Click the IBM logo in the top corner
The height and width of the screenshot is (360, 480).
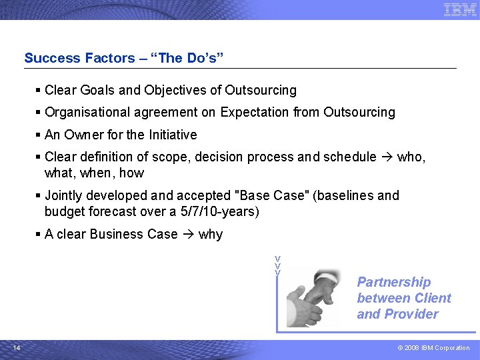tap(460, 9)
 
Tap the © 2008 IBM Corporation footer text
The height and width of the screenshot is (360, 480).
tap(434, 348)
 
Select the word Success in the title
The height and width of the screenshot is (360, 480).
tap(52, 58)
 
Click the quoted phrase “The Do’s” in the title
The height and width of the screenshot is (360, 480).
tap(191, 58)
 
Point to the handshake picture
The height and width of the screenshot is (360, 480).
tap(313, 297)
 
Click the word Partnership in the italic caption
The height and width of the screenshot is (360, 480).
tap(394, 282)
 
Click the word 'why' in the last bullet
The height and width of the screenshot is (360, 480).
tap(211, 235)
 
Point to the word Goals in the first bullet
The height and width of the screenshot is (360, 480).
tap(97, 90)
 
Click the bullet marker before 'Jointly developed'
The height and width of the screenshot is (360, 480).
tap(39, 196)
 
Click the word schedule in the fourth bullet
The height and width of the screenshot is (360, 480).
tap(349, 157)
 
